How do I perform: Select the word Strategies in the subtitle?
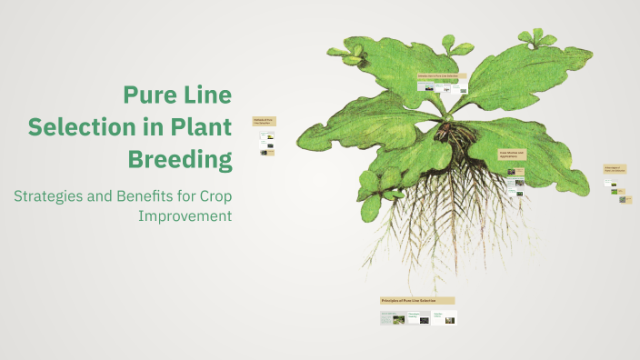coord(55,195)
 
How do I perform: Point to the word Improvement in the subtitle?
coord(185,215)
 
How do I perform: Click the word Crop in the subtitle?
coord(215,195)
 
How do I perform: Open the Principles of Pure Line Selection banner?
coord(417,300)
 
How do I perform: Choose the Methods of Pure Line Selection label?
coord(265,121)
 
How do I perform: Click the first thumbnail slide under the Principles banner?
coord(393,318)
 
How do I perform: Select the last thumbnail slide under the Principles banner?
coord(445,318)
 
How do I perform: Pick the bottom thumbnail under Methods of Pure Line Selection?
coord(265,153)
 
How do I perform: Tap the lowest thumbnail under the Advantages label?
coord(623,200)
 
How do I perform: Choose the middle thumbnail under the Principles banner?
coord(418,318)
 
